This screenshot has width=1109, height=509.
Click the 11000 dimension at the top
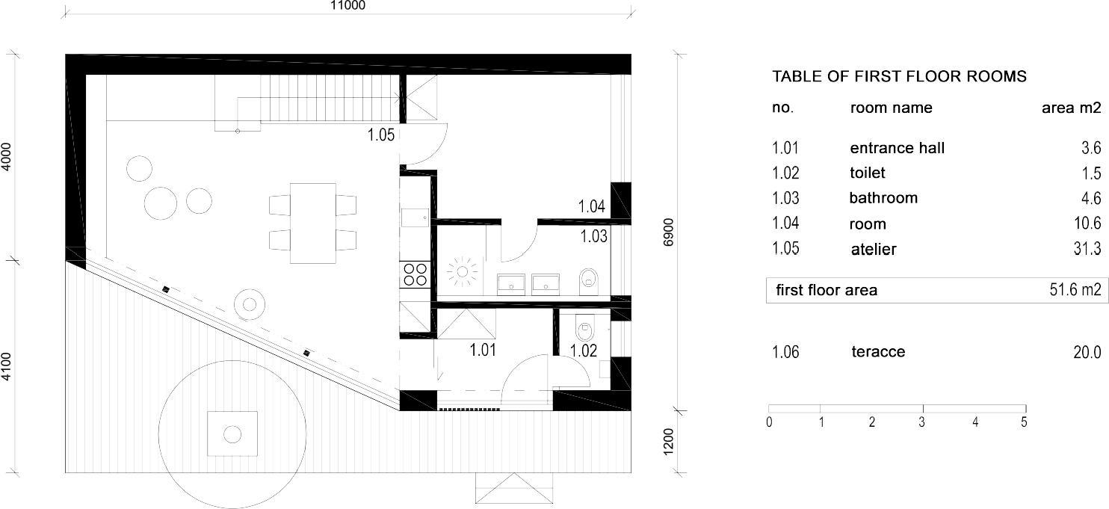tap(348, 5)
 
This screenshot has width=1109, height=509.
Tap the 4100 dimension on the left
tap(7, 368)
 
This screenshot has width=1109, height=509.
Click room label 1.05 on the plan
tap(380, 135)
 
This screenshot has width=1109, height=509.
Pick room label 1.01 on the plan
tap(483, 349)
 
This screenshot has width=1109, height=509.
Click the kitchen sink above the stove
tap(413, 217)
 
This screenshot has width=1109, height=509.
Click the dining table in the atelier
tap(313, 223)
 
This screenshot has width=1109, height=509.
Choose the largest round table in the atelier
tap(161, 202)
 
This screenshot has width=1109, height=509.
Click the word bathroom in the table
tap(883, 198)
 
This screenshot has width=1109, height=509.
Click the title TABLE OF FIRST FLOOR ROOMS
tap(899, 76)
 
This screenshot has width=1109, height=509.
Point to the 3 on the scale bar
tap(922, 422)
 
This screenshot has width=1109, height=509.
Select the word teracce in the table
tap(877, 351)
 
